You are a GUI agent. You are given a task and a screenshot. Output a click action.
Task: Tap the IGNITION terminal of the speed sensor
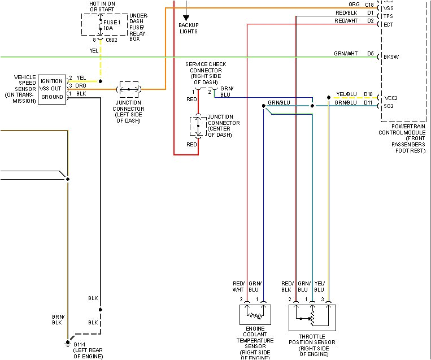click(52, 81)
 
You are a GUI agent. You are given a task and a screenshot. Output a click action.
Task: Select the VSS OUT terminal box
click(52, 89)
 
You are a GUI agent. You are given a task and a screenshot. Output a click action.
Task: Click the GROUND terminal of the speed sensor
click(52, 97)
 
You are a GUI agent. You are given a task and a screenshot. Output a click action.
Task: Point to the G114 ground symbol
click(67, 343)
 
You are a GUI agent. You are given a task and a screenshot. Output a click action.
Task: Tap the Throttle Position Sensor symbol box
click(312, 318)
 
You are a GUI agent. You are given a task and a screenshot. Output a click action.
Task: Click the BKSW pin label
click(390, 57)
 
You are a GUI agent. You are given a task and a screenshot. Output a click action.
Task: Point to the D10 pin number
click(368, 94)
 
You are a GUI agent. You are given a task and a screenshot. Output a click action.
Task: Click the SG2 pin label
click(389, 105)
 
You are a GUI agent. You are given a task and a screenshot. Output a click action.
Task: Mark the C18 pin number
click(369, 5)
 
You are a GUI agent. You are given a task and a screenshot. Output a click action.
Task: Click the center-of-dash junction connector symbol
click(198, 127)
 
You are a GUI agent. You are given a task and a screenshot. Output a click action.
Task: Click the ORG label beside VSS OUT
click(81, 86)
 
